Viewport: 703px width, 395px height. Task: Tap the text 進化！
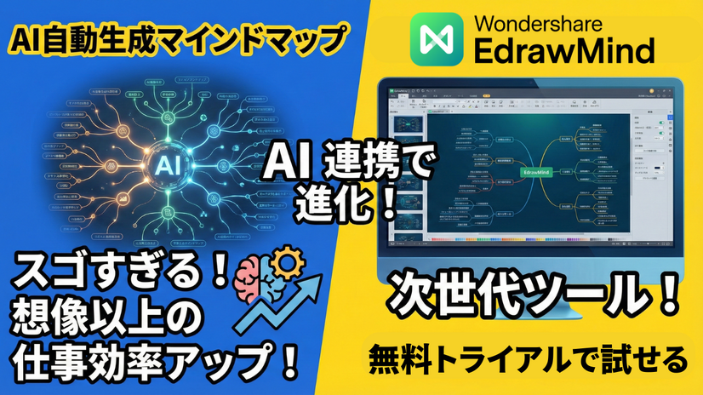(351, 203)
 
